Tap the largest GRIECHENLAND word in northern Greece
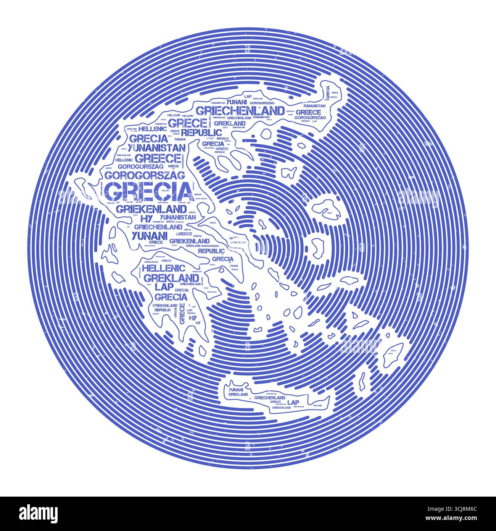click(240, 111)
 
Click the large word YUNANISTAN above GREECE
click(157, 147)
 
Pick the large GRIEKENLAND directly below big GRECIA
click(151, 209)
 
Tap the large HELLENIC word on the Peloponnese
click(163, 268)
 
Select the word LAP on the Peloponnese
click(162, 287)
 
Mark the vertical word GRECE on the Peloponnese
click(182, 311)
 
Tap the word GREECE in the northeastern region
click(308, 112)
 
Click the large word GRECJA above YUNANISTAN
click(148, 138)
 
